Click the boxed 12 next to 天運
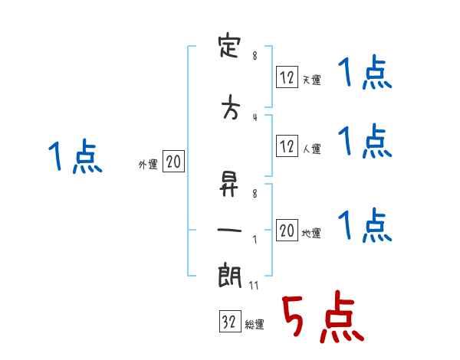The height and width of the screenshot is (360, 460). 287,77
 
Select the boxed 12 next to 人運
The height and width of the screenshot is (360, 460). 287,146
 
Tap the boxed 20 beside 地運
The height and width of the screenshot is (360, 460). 287,231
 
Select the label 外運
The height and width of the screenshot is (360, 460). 147,164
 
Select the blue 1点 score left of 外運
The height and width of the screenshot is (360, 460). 74,158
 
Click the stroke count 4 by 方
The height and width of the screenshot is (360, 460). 254,117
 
